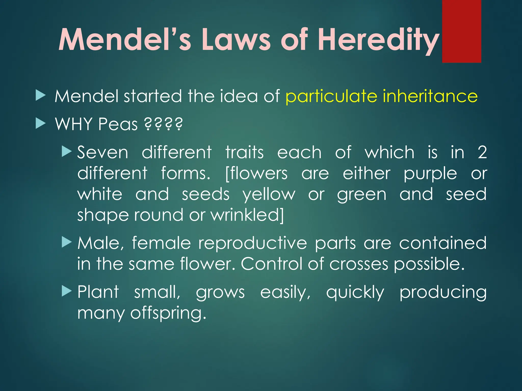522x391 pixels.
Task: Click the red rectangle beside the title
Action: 461,31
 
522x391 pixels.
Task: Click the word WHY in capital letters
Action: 74,124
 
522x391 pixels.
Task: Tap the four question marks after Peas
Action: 163,124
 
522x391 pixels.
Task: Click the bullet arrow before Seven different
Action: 67,151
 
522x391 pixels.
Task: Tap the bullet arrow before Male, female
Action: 67,242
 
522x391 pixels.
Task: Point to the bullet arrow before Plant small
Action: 67,291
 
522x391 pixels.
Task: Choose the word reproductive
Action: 253,243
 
